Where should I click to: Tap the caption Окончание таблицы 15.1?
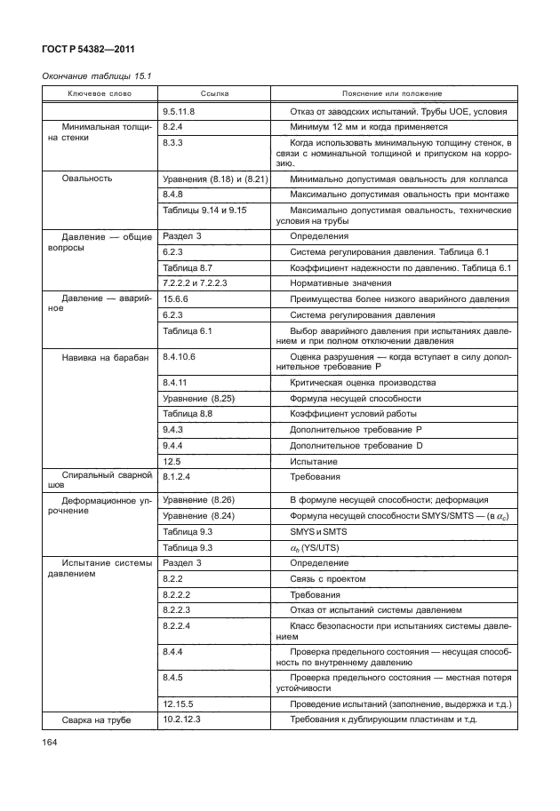coord(98,76)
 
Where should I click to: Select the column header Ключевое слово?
coord(100,94)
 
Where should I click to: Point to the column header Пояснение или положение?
coord(392,94)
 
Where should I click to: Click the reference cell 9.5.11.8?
coord(180,112)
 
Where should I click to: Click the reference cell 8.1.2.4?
coord(178,477)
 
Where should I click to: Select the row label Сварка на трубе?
coord(97,720)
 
